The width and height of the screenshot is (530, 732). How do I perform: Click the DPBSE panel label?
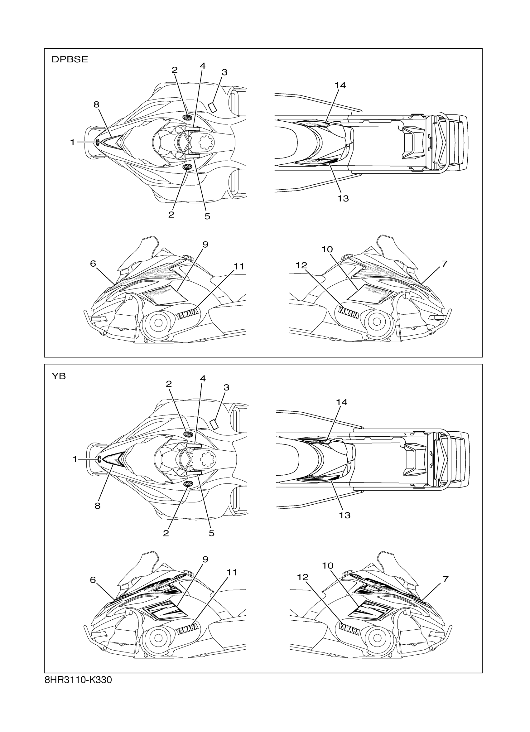pyautogui.click(x=70, y=59)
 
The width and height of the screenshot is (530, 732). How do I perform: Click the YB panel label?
pyautogui.click(x=59, y=376)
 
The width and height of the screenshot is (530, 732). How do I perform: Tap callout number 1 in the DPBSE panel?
pyautogui.click(x=73, y=142)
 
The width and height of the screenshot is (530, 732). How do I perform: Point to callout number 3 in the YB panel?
pyautogui.click(x=226, y=387)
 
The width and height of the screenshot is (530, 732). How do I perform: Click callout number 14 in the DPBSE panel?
pyautogui.click(x=340, y=85)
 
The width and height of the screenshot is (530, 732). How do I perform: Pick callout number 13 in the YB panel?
pyautogui.click(x=344, y=515)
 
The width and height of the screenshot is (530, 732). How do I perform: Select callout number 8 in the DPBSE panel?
pyautogui.click(x=96, y=104)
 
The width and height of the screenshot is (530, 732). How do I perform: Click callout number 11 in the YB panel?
pyautogui.click(x=232, y=572)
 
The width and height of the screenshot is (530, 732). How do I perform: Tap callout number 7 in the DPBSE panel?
pyautogui.click(x=445, y=264)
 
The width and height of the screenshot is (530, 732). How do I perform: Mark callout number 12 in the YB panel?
pyautogui.click(x=303, y=577)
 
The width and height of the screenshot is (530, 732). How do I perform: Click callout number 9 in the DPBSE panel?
pyautogui.click(x=205, y=245)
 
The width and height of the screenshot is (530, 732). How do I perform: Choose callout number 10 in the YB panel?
pyautogui.click(x=328, y=566)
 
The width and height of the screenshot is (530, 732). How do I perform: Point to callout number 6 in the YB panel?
pyautogui.click(x=93, y=580)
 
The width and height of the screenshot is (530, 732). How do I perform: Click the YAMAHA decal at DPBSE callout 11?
pyautogui.click(x=187, y=313)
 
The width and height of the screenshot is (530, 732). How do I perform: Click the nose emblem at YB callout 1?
pyautogui.click(x=100, y=459)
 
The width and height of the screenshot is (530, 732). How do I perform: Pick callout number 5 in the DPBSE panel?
pyautogui.click(x=207, y=216)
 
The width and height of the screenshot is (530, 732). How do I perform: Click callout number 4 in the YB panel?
pyautogui.click(x=203, y=378)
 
